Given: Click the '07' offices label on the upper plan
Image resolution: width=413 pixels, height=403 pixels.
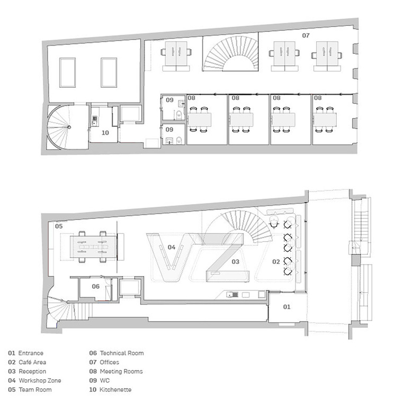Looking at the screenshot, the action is [306, 35].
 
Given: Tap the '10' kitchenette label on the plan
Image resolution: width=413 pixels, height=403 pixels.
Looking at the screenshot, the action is [105, 133].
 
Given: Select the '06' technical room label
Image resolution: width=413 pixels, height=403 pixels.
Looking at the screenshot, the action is [96, 286].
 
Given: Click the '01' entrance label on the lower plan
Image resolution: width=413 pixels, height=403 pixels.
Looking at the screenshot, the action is [286, 307].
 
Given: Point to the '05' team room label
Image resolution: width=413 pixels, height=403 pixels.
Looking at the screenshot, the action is [59, 226].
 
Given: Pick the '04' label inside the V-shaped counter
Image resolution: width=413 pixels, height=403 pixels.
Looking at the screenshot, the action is [172, 247].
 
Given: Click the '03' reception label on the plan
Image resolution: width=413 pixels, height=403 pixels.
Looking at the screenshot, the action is [235, 261].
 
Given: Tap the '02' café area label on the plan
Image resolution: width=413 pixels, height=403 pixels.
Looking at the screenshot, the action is [276, 261].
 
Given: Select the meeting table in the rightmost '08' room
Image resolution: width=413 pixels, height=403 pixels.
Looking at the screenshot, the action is [325, 120].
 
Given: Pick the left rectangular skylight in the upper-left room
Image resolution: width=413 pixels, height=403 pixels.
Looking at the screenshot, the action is [67, 72].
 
